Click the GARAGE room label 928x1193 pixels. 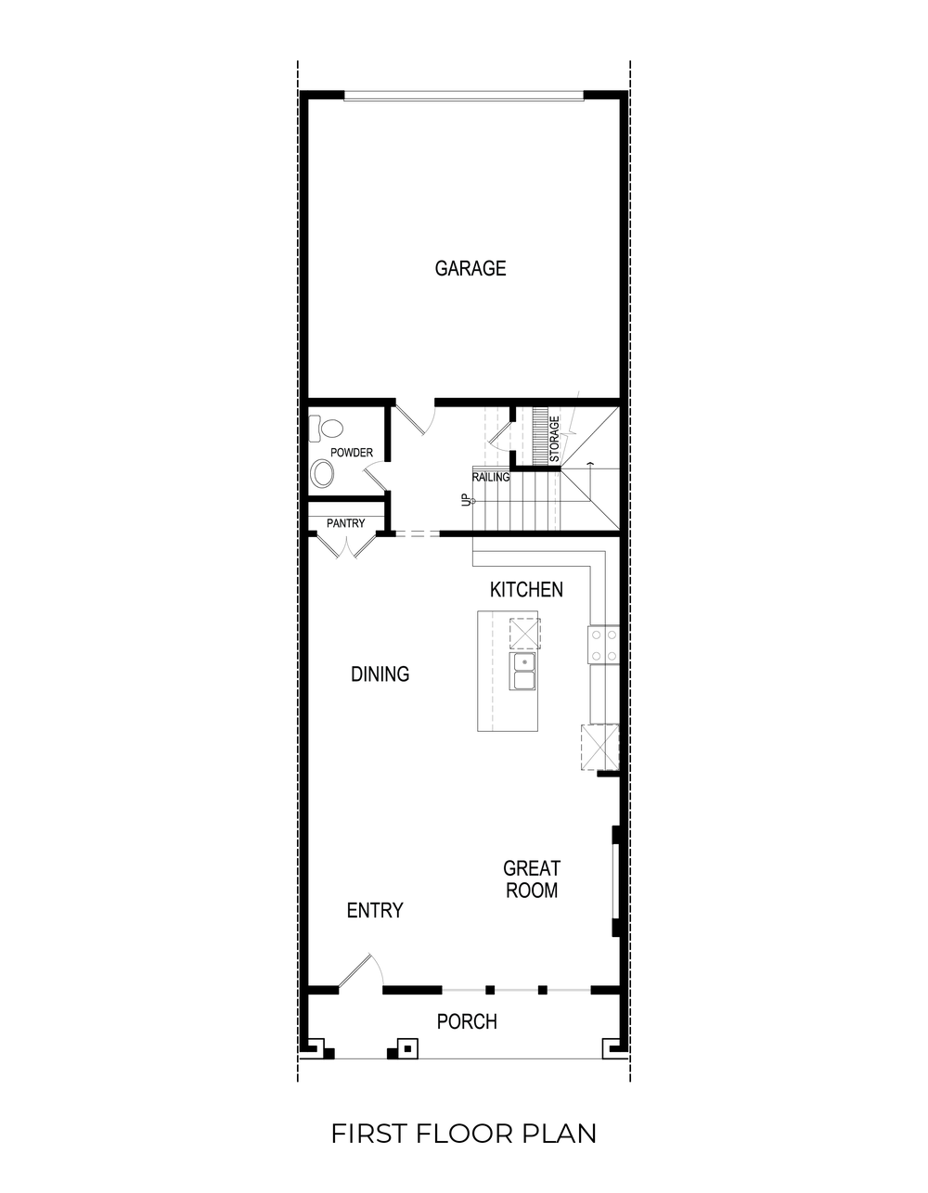pyautogui.click(x=470, y=269)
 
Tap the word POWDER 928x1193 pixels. pyautogui.click(x=351, y=453)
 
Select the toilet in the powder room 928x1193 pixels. pyautogui.click(x=325, y=429)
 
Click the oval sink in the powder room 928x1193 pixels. pyautogui.click(x=323, y=474)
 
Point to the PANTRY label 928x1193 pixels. pyautogui.click(x=345, y=524)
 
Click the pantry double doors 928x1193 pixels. pyautogui.click(x=345, y=545)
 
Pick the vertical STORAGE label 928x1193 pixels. pyautogui.click(x=554, y=440)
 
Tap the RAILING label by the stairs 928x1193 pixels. pyautogui.click(x=491, y=478)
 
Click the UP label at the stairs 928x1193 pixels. pyautogui.click(x=466, y=501)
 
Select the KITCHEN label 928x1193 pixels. pyautogui.click(x=526, y=590)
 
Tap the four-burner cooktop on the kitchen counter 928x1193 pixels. pyautogui.click(x=602, y=646)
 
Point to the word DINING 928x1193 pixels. pyautogui.click(x=380, y=674)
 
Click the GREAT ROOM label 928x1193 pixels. pyautogui.click(x=532, y=879)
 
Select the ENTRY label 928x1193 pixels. pyautogui.click(x=375, y=911)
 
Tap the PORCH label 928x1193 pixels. pyautogui.click(x=467, y=1022)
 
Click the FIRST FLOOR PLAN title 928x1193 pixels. pyautogui.click(x=464, y=1134)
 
